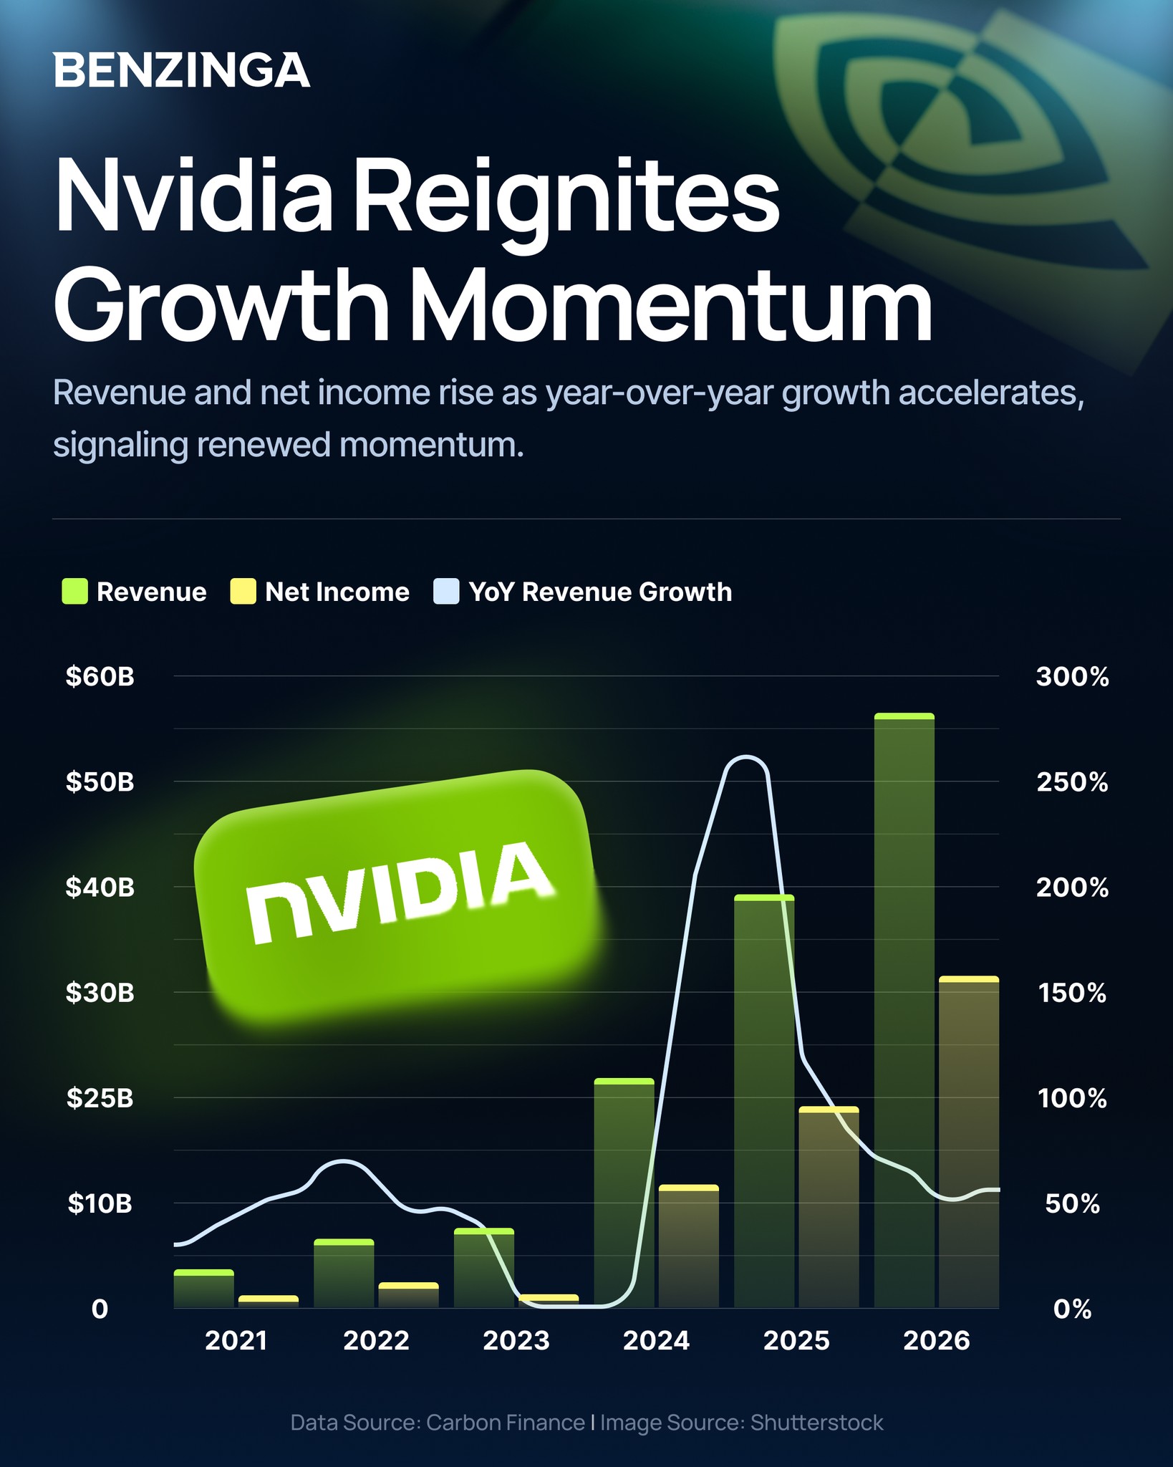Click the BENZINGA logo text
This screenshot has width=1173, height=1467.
tap(182, 70)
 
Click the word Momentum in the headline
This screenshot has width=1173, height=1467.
tap(671, 304)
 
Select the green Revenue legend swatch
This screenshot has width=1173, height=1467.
tap(74, 592)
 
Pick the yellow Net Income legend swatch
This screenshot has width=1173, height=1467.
tap(243, 592)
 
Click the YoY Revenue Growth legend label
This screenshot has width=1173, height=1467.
tap(600, 592)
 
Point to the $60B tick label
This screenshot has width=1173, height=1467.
tap(100, 677)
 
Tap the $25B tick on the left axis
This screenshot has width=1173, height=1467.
tap(100, 1098)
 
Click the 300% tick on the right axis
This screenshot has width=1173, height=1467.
tap(1072, 677)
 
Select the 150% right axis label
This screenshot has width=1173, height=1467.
tap(1072, 993)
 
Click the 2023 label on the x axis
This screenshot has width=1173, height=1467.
tap(516, 1340)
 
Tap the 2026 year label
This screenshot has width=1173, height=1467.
tap(937, 1340)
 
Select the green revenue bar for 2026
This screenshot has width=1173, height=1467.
tap(904, 1010)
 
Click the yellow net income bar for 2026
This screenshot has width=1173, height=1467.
tap(969, 1142)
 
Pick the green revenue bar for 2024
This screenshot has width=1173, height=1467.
tap(624, 1193)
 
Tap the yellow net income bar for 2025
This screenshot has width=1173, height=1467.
tap(829, 1207)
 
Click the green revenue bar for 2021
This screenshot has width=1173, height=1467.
tap(204, 1289)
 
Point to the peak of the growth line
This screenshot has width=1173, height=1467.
tap(745, 756)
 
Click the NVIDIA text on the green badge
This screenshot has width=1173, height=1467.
tap(399, 892)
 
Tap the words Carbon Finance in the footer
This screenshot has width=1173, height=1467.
tap(506, 1423)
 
